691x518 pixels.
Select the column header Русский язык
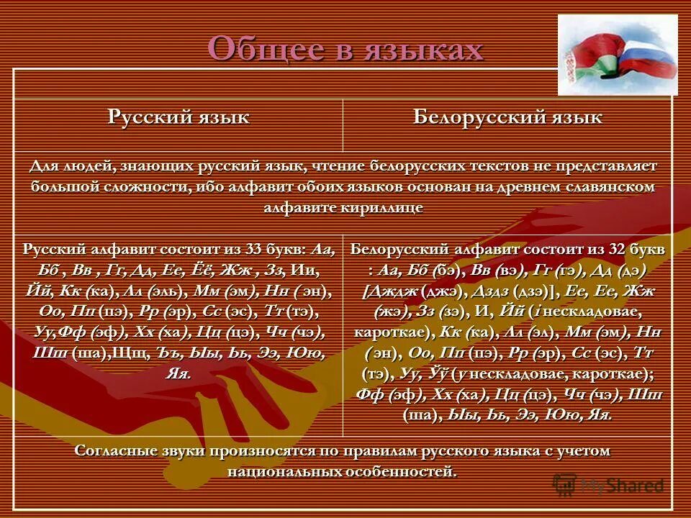pyautogui.click(x=179, y=117)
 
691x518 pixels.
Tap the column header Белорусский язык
pyautogui.click(x=507, y=117)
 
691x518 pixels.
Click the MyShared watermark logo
pyautogui.click(x=608, y=485)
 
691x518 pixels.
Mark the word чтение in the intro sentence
pyautogui.click(x=336, y=166)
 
